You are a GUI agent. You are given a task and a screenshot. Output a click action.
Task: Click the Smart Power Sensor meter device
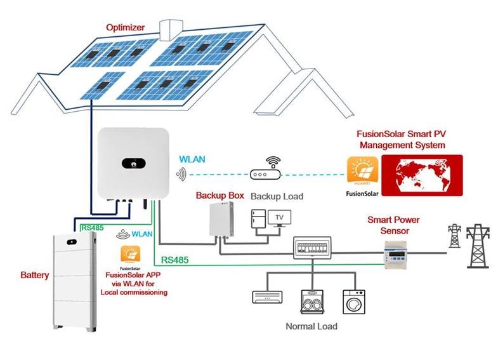pyautogui.click(x=400, y=251)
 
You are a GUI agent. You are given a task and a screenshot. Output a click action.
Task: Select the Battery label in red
pyautogui.click(x=32, y=277)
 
